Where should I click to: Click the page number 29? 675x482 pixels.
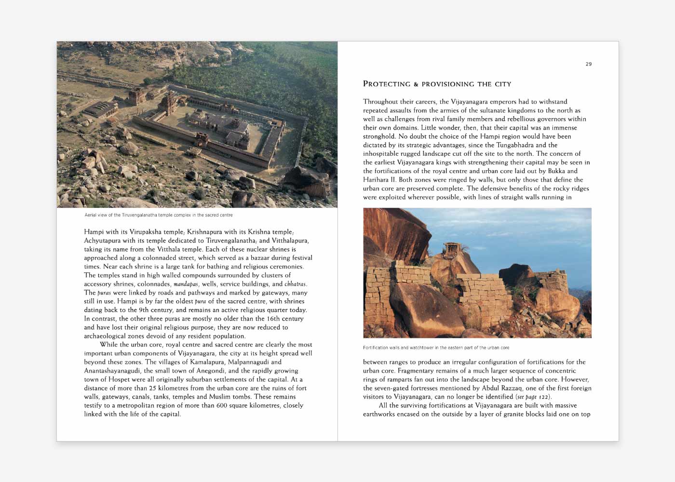(588, 64)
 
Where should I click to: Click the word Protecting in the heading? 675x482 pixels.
(387, 84)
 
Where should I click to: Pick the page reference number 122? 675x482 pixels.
(544, 397)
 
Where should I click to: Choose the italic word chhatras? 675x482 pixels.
(295, 284)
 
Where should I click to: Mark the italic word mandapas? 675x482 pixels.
(186, 284)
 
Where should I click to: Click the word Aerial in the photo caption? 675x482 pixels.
(91, 215)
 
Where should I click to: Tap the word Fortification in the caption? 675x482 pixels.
(375, 348)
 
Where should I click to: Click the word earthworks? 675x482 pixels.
(379, 414)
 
